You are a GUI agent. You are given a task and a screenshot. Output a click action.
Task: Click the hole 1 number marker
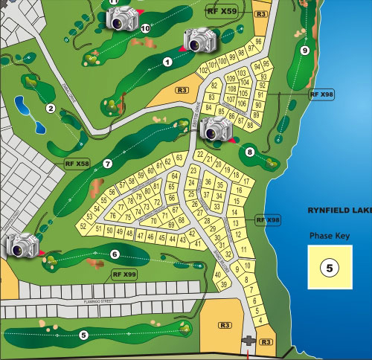pos(167,62)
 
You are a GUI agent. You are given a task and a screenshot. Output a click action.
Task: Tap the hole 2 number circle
pos(51,109)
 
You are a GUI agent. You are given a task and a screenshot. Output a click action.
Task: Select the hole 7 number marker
pos(107,163)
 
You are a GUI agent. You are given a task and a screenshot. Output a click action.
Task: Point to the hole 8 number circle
pos(249,152)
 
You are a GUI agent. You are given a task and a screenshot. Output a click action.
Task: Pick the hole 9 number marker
pos(305,50)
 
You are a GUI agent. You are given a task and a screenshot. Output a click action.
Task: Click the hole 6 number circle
pos(115,254)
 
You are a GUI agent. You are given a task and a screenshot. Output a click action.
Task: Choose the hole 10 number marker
pos(144,29)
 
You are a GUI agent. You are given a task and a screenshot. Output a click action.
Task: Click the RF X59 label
pos(222,12)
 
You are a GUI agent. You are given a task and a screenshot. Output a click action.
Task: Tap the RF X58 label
pos(76,163)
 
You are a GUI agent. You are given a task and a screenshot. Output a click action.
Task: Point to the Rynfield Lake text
pos(339,211)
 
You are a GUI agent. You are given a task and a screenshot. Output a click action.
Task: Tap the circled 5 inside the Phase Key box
pos(329,267)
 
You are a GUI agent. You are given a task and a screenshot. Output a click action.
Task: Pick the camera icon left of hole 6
pos(22,245)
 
